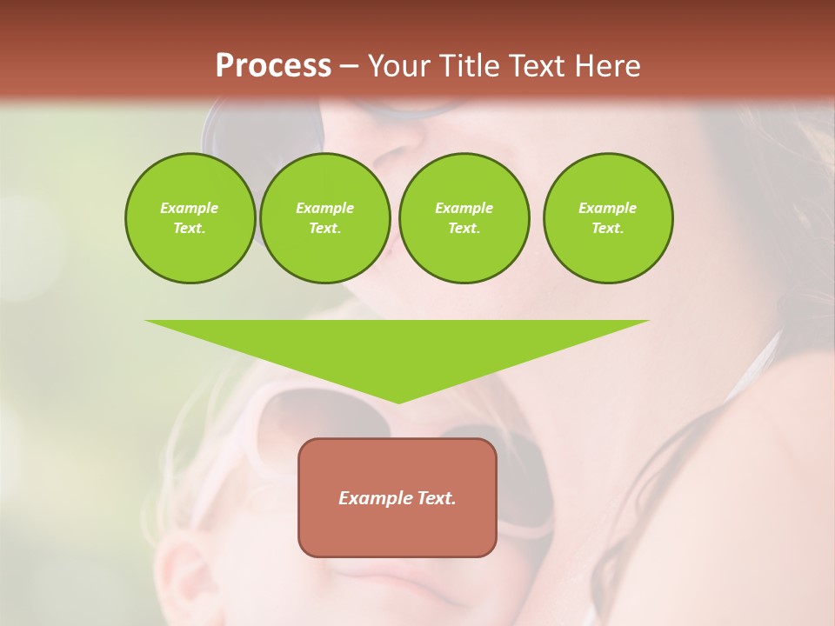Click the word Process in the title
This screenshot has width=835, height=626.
(273, 65)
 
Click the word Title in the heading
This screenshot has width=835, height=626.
(469, 65)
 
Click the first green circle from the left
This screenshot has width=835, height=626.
(190, 218)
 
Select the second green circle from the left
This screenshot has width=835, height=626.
(324, 218)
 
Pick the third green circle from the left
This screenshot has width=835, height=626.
(464, 218)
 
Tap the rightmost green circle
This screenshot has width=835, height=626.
(608, 218)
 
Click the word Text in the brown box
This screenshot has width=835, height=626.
(438, 498)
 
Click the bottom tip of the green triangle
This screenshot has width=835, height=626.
(398, 402)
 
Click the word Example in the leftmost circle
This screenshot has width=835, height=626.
(190, 208)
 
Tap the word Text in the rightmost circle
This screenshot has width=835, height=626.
(608, 229)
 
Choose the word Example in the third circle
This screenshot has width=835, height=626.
(464, 208)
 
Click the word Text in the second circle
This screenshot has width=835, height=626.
(324, 229)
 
